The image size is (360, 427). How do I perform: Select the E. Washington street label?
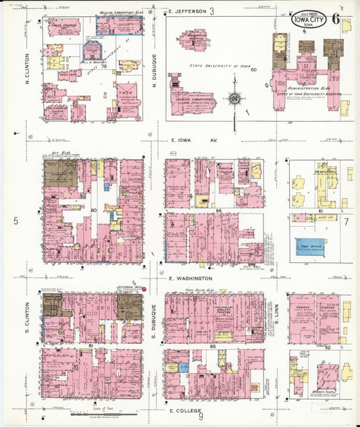click(190, 278)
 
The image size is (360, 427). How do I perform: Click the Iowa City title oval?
click(309, 20)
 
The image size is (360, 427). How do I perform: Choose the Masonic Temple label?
click(308, 396)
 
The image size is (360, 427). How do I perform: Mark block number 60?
click(254, 70)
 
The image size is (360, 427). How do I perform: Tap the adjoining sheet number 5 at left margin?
click(15, 220)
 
